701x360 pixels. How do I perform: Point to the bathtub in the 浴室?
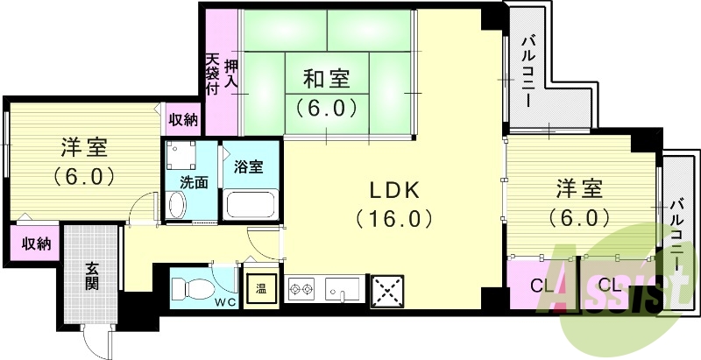point(251,206)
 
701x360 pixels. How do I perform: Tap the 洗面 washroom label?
point(195,183)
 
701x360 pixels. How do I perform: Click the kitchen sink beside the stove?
point(343,287)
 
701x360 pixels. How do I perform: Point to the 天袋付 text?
point(212,74)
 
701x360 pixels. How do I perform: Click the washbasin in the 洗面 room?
point(176,206)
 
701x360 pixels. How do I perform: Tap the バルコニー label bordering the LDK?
point(529,71)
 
